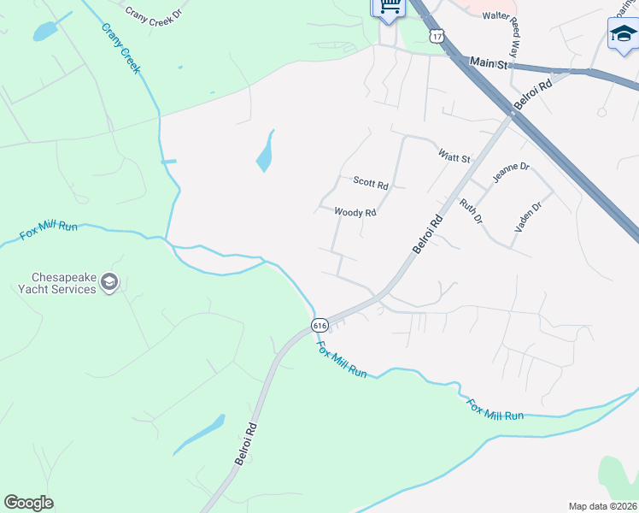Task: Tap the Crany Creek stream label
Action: point(120,48)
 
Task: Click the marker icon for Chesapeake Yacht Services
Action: point(109,282)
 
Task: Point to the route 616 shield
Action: point(319,325)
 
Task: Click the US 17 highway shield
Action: point(437,36)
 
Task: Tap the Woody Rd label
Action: point(355,212)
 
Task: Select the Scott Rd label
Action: point(371,183)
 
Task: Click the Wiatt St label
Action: point(454,157)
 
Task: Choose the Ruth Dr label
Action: point(471,212)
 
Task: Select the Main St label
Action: point(490,63)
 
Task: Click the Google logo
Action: point(28,503)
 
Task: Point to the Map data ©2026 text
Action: point(602,506)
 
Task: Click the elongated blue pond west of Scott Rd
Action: point(266,151)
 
